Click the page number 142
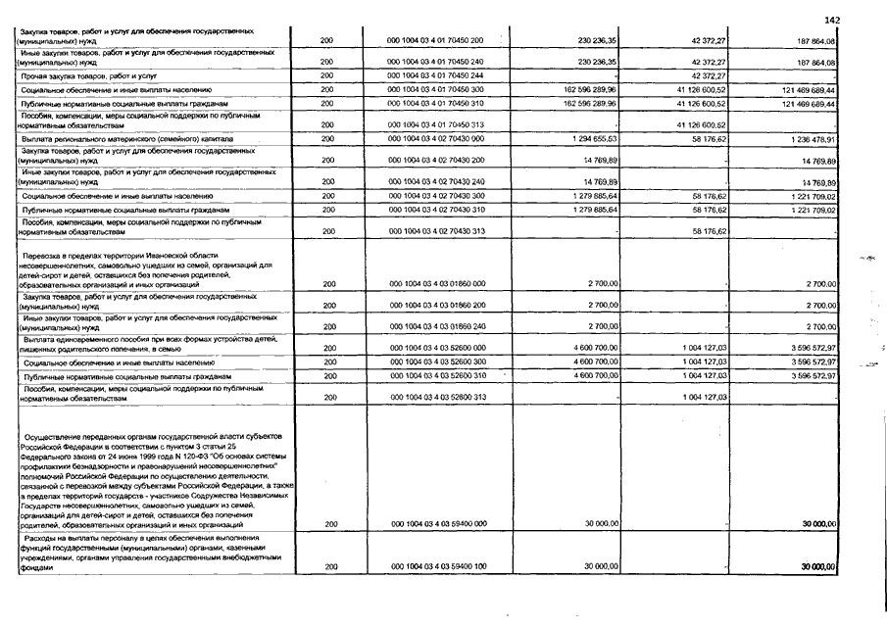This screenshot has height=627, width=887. tap(833, 20)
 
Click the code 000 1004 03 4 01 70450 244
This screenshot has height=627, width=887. tap(437, 74)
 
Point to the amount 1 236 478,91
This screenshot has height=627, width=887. tap(809, 140)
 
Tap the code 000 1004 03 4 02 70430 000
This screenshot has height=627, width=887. tap(437, 140)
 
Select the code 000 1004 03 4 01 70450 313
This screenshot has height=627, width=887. tap(437, 125)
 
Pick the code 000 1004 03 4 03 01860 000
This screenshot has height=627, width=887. tap(437, 284)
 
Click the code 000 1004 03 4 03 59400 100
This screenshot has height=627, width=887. tap(437, 566)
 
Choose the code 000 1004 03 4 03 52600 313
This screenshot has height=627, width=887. tap(437, 397)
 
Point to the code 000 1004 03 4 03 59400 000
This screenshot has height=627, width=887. tap(437, 524)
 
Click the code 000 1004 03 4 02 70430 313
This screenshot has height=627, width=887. tap(437, 231)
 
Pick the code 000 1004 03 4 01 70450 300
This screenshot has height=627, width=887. tap(437, 89)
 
